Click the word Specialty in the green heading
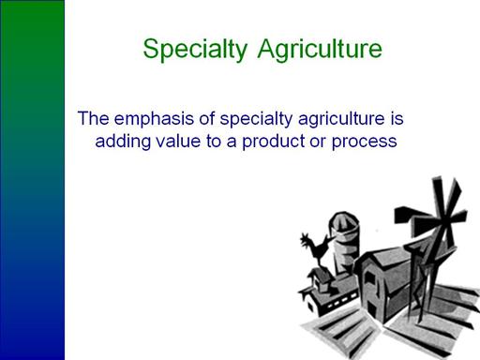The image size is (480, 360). pyautogui.click(x=195, y=50)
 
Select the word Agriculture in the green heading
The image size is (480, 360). pyautogui.click(x=320, y=50)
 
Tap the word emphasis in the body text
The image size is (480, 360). pyautogui.click(x=154, y=119)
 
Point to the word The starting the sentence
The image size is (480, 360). pyautogui.click(x=94, y=118)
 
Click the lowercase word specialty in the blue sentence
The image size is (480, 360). pyautogui.click(x=256, y=119)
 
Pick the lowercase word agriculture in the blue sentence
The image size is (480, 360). pyautogui.click(x=341, y=119)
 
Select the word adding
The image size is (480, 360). pyautogui.click(x=123, y=142)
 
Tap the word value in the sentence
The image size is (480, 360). pyautogui.click(x=178, y=141)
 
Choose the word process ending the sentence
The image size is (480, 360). pyautogui.click(x=364, y=142)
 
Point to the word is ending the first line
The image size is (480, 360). pyautogui.click(x=397, y=118)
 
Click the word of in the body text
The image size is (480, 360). pyautogui.click(x=207, y=118)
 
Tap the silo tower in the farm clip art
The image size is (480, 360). pyautogui.click(x=344, y=242)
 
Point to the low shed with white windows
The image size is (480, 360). pyautogui.click(x=328, y=292)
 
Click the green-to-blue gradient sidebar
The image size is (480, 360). pyautogui.click(x=32, y=180)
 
